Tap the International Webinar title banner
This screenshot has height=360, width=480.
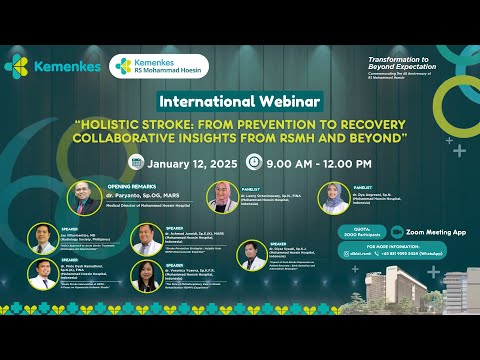[x=239, y=102]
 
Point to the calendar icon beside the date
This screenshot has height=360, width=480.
[x=136, y=162]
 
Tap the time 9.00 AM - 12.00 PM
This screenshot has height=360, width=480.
[x=319, y=162]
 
